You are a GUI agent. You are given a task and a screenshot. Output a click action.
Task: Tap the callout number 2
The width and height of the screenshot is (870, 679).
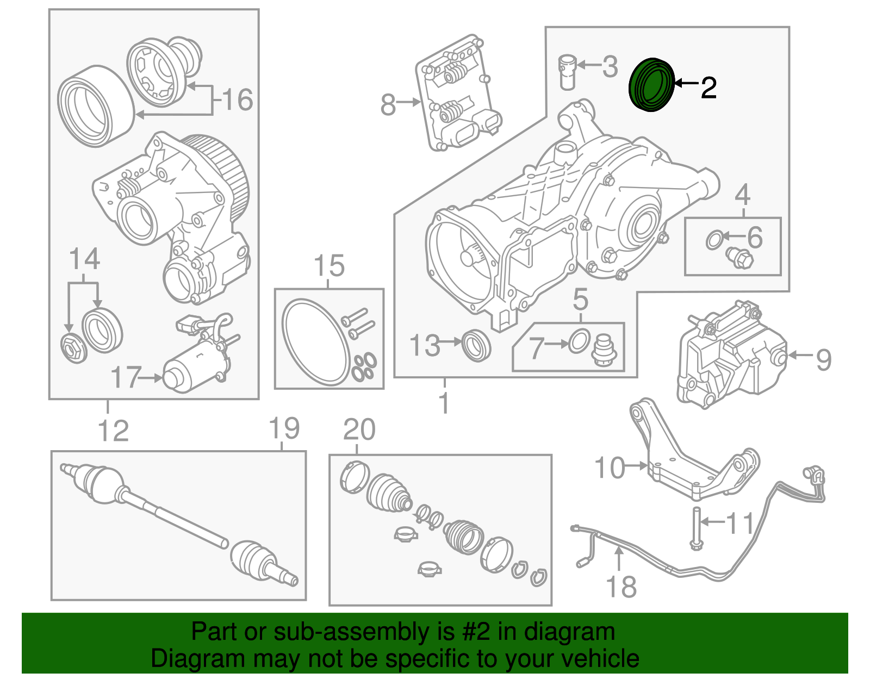point(708,88)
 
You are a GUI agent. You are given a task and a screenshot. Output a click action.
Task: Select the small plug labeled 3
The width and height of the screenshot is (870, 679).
point(567,72)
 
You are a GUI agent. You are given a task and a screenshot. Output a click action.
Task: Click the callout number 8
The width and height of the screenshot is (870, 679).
point(388,104)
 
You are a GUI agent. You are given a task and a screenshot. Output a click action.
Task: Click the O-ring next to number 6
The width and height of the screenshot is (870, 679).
point(714,240)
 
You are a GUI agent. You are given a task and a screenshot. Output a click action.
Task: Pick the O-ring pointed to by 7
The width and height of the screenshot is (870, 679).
point(579,341)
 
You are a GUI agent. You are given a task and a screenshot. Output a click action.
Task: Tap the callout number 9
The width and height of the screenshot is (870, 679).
point(823,359)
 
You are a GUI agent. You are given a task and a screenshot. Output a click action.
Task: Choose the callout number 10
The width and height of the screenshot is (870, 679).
point(610,468)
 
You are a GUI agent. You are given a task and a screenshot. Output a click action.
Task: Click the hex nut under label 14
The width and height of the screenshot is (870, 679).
point(73,349)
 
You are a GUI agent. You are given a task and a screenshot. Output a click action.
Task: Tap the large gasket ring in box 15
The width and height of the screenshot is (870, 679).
point(315,342)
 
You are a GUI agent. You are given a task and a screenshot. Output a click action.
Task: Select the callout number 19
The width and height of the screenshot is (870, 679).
point(284,428)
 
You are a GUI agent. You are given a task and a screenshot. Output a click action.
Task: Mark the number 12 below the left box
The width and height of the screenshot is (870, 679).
point(113,431)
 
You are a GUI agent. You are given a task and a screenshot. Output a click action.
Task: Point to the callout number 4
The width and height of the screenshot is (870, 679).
point(742,195)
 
